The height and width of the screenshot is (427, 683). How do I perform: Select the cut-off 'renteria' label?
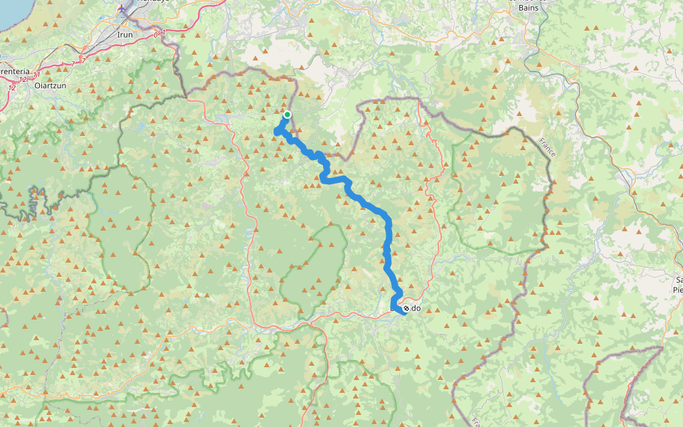tap(15, 72)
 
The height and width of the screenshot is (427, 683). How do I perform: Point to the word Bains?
tap(528, 6)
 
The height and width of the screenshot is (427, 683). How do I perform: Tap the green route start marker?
tap(287, 115)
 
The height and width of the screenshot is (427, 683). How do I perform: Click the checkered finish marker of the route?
tap(405, 308)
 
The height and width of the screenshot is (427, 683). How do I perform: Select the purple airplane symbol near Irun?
tap(125, 9)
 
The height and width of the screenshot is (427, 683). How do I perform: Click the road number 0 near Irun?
tap(156, 33)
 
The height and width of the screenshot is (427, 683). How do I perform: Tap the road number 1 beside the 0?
tap(163, 32)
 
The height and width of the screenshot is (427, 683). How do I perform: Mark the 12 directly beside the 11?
tap(26, 79)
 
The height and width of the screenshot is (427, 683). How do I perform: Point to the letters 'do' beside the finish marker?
tap(416, 309)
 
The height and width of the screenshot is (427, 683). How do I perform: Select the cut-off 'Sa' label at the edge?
tap(679, 280)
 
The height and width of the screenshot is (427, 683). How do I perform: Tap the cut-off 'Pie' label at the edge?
tap(677, 290)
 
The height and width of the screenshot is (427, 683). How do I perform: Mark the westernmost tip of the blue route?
tap(276, 130)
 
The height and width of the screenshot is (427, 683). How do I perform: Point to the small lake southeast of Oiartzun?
tap(137, 129)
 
